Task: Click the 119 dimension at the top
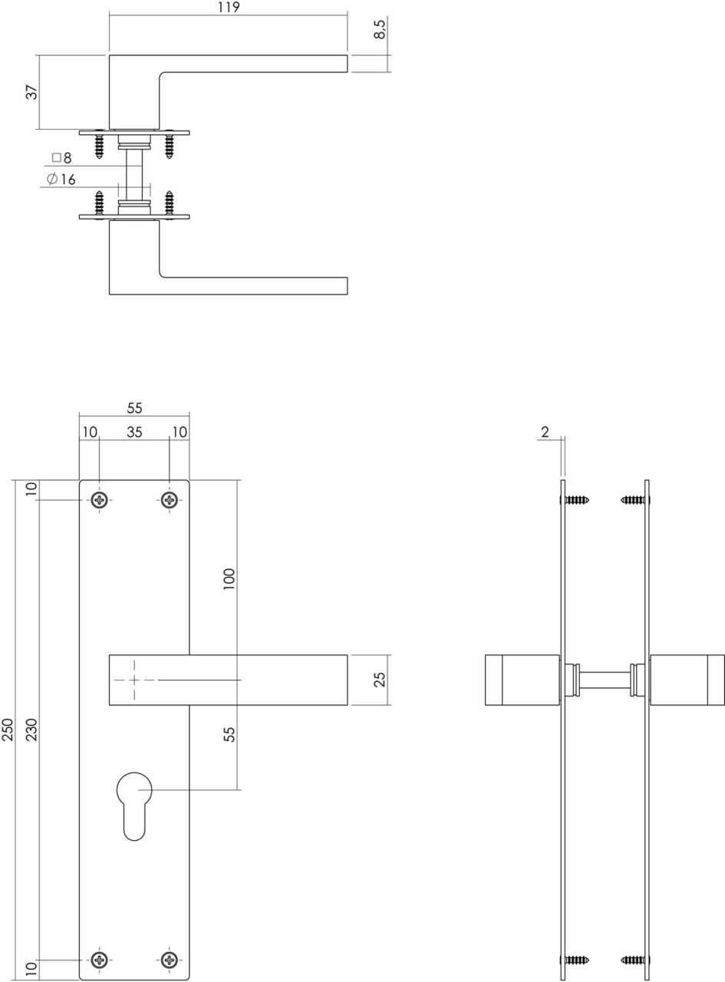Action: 229,8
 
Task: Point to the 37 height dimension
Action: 31,92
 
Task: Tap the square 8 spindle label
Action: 61,158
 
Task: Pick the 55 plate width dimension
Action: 134,408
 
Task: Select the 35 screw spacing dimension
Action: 134,432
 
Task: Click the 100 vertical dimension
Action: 229,578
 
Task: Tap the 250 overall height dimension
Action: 8,730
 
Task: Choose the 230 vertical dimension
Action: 31,730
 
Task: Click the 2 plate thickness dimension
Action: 545,432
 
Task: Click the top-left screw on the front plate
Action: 100,501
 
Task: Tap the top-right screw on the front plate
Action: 169,501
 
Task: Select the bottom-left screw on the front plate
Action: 100,959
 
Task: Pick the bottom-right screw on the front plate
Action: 169,959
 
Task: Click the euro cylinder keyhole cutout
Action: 134,806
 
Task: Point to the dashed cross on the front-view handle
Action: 134,680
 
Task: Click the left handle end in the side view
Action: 522,680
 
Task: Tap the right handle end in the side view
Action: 687,680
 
